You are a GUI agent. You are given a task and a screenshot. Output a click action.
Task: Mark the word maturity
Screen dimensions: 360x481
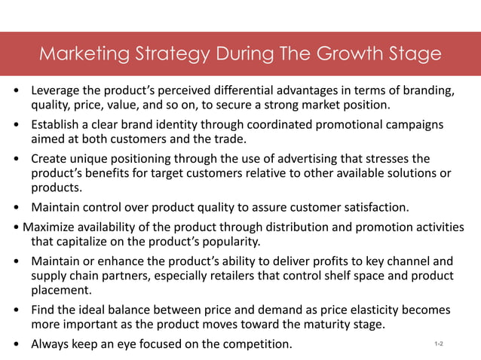click(320, 324)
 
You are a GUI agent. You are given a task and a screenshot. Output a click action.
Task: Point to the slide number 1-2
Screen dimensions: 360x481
click(439, 344)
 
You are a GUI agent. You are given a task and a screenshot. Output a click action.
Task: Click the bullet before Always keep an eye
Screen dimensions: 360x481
click(17, 345)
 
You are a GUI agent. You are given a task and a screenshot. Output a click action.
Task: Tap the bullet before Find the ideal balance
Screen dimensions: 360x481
click(17, 310)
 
